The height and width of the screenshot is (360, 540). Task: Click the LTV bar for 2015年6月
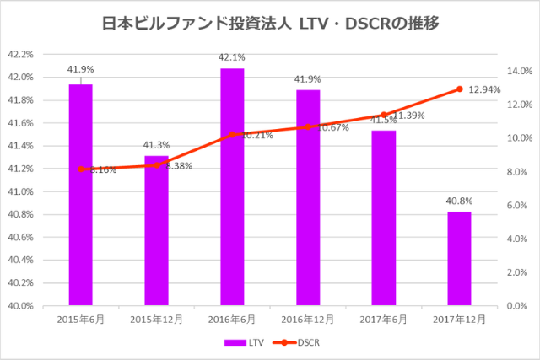(80, 195)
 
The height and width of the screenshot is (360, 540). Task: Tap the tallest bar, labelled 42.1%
(232, 186)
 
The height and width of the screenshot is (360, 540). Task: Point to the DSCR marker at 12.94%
(460, 89)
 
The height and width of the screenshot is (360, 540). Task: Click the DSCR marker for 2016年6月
(232, 134)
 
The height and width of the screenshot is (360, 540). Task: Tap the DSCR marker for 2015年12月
(156, 165)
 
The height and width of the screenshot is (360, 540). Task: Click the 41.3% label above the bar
(156, 145)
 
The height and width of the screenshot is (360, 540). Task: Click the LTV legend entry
(245, 343)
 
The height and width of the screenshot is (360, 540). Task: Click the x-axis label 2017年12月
(460, 320)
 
